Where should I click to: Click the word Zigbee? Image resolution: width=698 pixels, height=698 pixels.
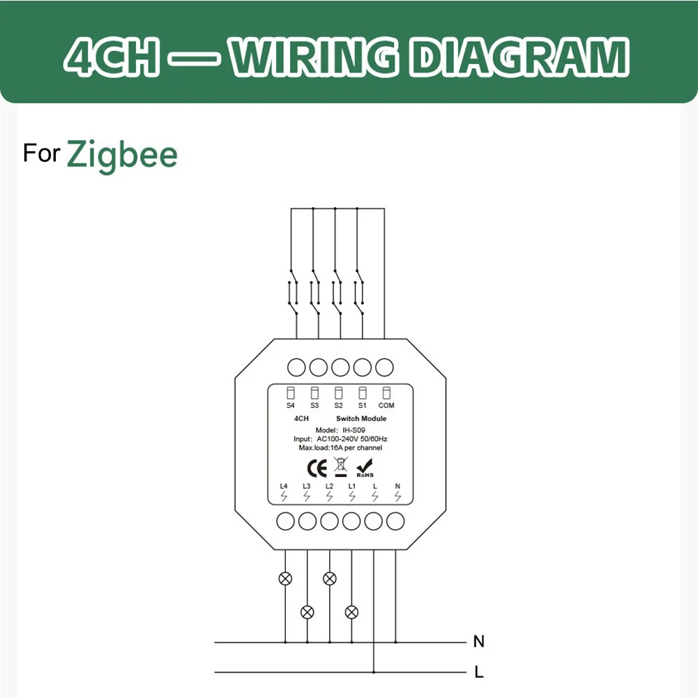pyautogui.click(x=122, y=154)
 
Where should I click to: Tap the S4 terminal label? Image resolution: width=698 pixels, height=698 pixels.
pyautogui.click(x=290, y=405)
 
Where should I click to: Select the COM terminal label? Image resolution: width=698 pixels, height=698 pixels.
pyautogui.click(x=386, y=405)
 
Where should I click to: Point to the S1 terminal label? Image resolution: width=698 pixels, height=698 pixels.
pyautogui.click(x=362, y=405)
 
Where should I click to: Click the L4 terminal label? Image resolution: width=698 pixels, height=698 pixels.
pyautogui.click(x=283, y=485)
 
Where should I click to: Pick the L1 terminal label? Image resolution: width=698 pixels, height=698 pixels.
pyautogui.click(x=352, y=485)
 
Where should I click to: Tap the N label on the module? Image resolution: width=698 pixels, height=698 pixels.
pyautogui.click(x=397, y=485)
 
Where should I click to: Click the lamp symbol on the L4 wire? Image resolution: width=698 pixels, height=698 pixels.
pyautogui.click(x=285, y=578)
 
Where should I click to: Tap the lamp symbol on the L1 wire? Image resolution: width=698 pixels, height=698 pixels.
pyautogui.click(x=352, y=612)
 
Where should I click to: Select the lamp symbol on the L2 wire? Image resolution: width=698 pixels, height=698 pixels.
pyautogui.click(x=330, y=578)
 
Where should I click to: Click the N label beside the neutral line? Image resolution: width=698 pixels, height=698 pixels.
pyautogui.click(x=478, y=642)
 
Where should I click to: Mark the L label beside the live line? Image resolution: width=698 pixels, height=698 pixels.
pyautogui.click(x=478, y=673)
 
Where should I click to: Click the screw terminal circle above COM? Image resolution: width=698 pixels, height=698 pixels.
pyautogui.click(x=384, y=367)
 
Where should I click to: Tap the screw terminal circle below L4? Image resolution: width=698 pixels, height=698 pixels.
pyautogui.click(x=286, y=520)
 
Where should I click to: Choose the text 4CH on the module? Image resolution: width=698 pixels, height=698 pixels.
pyautogui.click(x=301, y=418)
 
